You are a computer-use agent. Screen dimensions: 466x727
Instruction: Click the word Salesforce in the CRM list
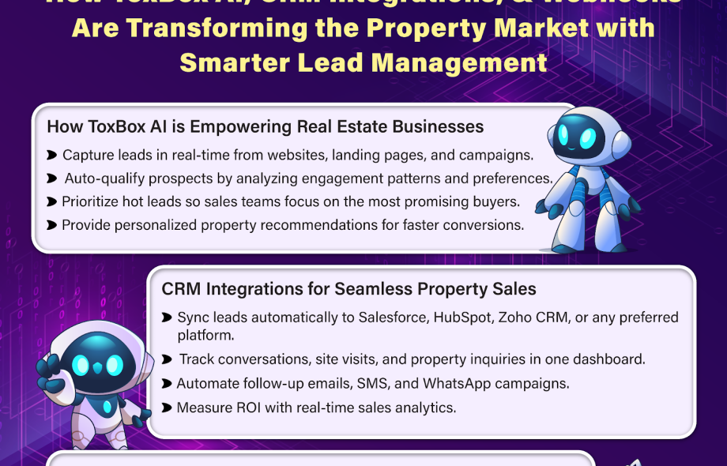click(396, 318)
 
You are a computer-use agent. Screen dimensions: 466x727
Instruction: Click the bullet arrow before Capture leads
click(52, 155)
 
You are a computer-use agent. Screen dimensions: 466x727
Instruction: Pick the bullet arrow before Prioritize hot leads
click(52, 202)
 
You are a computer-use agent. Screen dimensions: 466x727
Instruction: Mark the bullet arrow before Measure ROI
click(167, 408)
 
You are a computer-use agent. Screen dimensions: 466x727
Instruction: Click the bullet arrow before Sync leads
click(167, 318)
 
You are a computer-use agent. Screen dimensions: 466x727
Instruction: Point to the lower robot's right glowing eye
click(115, 365)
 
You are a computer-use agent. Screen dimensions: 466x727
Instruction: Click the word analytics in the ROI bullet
click(426, 408)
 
